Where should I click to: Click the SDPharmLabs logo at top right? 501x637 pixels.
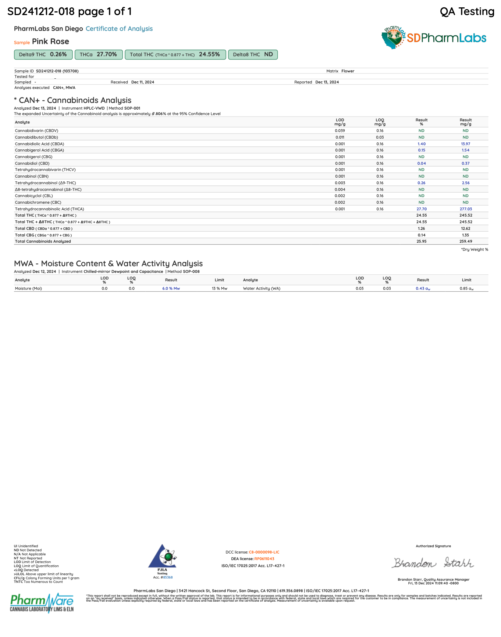[434, 38]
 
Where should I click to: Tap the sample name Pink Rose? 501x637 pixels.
[50, 42]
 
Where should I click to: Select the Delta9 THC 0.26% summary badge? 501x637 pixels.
[43, 54]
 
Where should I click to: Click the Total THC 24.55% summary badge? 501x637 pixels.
[175, 54]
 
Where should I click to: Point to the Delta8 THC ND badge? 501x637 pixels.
[253, 54]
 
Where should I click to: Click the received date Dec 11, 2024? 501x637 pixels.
[143, 82]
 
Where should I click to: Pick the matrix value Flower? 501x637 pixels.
[348, 71]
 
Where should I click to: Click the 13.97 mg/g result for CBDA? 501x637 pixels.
[465, 144]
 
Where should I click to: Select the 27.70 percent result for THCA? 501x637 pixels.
[422, 209]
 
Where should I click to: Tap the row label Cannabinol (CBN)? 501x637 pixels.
[32, 176]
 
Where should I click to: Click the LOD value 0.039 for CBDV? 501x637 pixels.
[340, 131]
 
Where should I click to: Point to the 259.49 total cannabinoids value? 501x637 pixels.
[465, 241]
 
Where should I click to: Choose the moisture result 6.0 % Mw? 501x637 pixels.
[171, 288]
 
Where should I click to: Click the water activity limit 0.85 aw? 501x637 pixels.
[466, 288]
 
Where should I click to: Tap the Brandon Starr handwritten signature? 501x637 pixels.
[433, 563]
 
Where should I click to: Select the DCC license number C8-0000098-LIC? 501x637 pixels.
[264, 552]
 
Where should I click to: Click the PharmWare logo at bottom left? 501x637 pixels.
[42, 603]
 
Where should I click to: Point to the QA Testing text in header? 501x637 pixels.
[467, 12]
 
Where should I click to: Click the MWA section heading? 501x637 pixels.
[108, 263]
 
